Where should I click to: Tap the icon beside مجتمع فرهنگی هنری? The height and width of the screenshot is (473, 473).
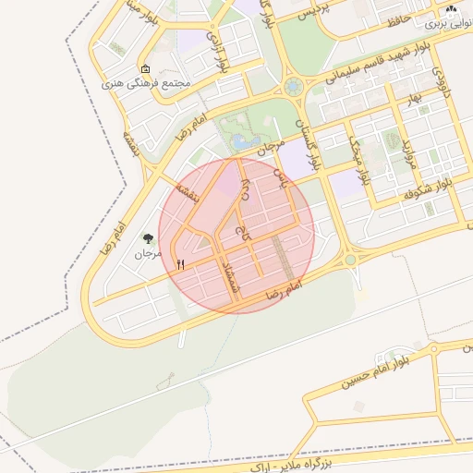point(145,68)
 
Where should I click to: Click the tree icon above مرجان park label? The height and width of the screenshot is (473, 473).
point(148,237)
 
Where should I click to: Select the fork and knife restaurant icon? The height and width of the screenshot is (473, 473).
point(180,265)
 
